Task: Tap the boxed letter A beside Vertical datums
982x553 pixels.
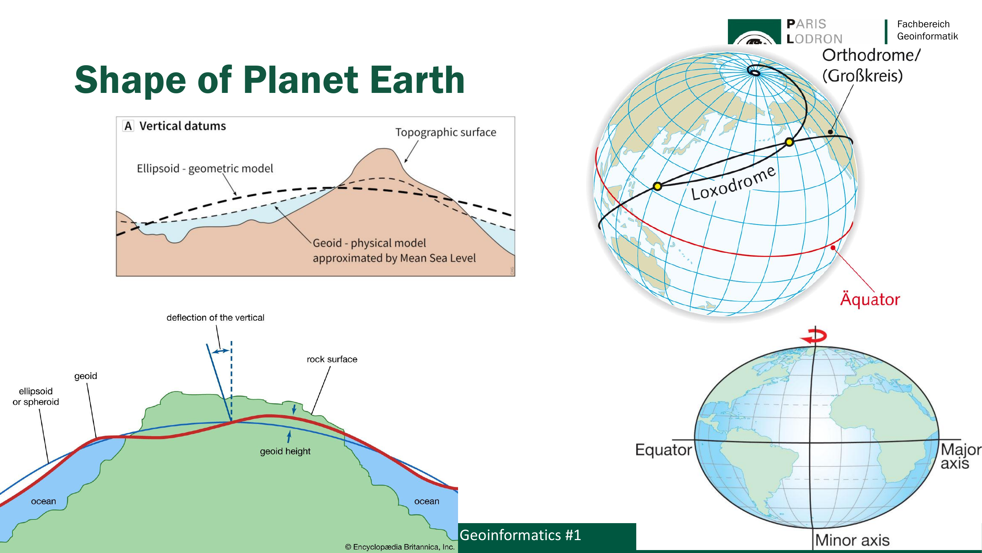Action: [x=129, y=126]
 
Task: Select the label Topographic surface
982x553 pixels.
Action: [x=446, y=132]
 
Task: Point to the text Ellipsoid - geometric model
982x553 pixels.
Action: [x=205, y=168]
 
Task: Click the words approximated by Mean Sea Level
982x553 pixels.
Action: [x=394, y=258]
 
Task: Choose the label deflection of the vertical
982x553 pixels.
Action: [x=215, y=317]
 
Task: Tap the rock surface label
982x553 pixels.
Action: [x=332, y=359]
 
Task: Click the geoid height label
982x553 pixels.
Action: [x=285, y=451]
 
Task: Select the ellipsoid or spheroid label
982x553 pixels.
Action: [x=36, y=397]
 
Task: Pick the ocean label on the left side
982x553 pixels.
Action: [x=43, y=501]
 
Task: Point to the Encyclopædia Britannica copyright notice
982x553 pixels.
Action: [x=400, y=547]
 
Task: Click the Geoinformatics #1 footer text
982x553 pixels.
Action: [x=520, y=535]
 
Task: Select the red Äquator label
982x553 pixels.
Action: [x=870, y=299]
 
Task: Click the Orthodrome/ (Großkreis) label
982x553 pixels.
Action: [x=871, y=65]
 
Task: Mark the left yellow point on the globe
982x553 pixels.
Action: [x=657, y=186]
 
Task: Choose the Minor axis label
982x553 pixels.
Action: [x=852, y=540]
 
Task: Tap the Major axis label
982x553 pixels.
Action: [x=961, y=456]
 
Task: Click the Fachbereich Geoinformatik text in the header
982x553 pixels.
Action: [x=927, y=30]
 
